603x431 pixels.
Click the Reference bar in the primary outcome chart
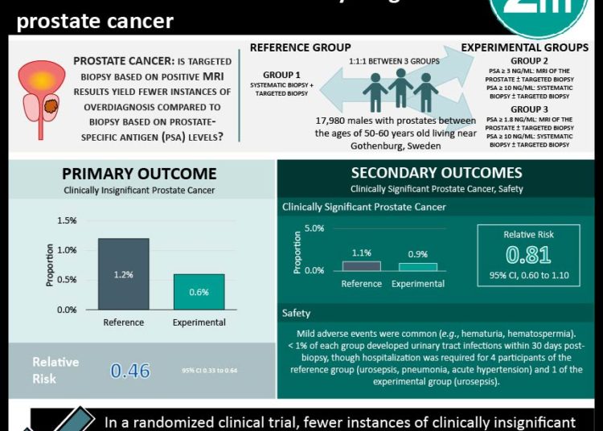coord(123,273)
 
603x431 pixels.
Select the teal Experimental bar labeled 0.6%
coord(199,291)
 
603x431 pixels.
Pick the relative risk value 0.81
coord(528,256)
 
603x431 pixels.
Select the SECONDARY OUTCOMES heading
coord(436,173)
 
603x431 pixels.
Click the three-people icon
coord(400,90)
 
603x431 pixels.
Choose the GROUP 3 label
coord(530,109)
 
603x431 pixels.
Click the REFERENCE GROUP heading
coord(300,48)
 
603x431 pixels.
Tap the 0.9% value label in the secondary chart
coord(417,254)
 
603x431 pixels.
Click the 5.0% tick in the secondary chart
coord(314,228)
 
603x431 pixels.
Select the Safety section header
coord(297,313)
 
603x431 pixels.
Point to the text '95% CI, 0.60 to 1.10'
coord(528,278)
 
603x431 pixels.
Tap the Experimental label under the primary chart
coord(199,322)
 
